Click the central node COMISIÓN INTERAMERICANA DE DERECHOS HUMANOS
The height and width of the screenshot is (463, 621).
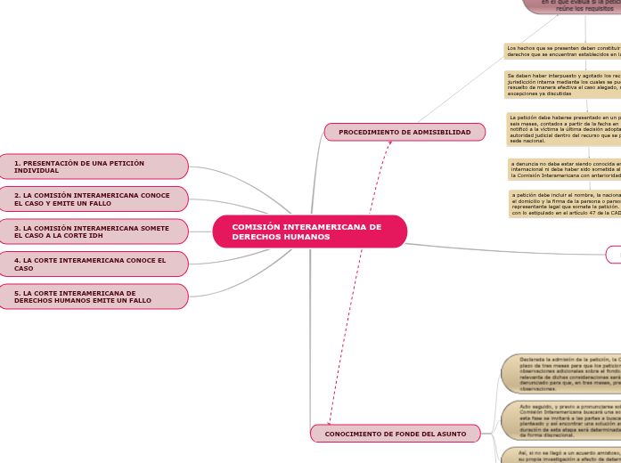(x=309, y=231)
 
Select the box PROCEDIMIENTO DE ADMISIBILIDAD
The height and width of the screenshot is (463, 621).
(x=404, y=132)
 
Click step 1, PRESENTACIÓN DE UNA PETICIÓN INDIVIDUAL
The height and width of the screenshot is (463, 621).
(x=94, y=167)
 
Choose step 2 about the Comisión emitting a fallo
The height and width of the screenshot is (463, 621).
(x=94, y=199)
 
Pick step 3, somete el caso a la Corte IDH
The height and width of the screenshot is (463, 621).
(x=94, y=231)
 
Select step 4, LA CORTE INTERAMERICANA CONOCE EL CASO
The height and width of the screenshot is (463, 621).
(x=94, y=264)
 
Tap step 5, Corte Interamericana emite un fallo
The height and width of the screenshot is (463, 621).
(x=94, y=296)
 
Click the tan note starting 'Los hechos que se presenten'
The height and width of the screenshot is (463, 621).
(x=562, y=51)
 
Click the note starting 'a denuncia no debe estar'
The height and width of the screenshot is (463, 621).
(x=564, y=169)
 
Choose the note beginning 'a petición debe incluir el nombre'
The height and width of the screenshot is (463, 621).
(x=564, y=204)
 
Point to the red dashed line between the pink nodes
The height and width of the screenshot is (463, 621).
(x=356, y=285)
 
